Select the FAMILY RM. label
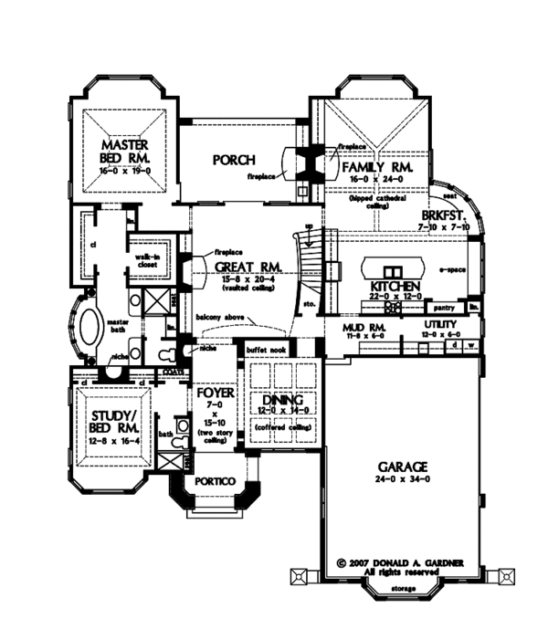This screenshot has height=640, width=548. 374,170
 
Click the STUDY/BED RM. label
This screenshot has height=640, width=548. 114,420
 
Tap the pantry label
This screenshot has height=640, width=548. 445,309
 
